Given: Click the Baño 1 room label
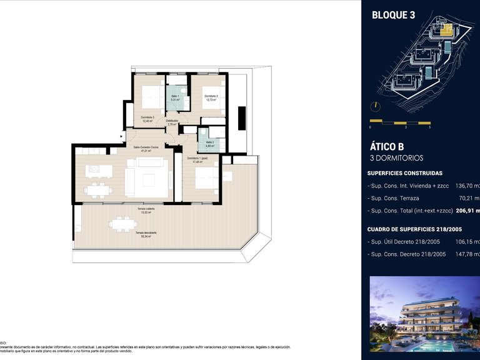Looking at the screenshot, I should click(176, 97).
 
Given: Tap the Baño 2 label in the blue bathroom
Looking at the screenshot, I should click(207, 143).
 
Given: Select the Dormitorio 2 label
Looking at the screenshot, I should click(210, 97).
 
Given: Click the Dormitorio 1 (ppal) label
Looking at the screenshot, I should click(198, 160).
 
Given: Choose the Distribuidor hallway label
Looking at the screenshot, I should click(172, 122).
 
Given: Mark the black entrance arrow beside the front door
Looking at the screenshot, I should click(122, 134).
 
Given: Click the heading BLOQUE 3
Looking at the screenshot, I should click(393, 16).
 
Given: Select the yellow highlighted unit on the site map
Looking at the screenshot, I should click(447, 28).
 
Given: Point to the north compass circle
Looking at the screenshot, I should click(375, 106).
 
